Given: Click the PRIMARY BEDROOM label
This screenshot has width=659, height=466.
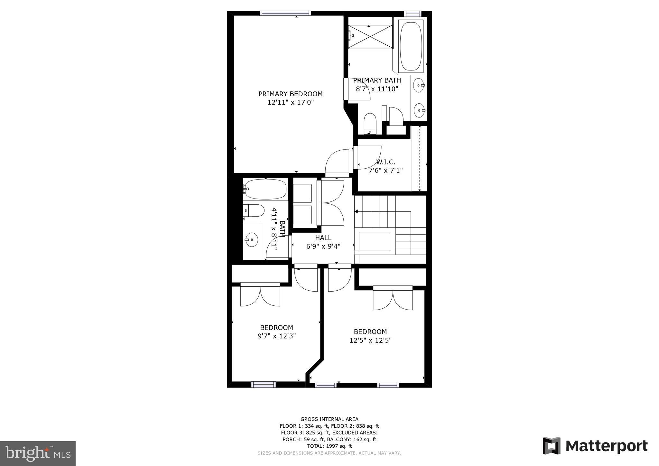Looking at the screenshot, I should point(290,94).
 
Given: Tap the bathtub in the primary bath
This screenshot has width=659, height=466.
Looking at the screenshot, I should point(411,46).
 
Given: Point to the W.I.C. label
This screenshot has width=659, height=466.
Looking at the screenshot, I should point(385,162).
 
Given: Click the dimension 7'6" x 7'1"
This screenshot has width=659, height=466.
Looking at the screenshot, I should point(385,170).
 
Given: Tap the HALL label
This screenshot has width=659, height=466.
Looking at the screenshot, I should point(323,238).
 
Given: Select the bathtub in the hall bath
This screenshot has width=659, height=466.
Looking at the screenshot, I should point(265,189).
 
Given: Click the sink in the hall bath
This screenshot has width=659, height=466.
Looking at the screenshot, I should point(251,239).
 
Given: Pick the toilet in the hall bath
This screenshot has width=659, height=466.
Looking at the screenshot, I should point(254,210).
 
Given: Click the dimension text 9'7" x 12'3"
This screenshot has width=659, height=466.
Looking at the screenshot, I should point(276,336).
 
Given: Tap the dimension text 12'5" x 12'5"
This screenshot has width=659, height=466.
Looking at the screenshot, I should point(370,340).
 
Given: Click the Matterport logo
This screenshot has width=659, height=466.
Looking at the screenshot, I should point(595,446).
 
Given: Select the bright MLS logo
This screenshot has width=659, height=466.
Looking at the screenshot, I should point(38,453).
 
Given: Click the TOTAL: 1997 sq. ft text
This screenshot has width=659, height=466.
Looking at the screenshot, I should point(329,446).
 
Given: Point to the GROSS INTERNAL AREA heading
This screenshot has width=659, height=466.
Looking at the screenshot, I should point(329,419).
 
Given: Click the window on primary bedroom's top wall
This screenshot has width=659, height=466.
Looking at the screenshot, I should point(285,13).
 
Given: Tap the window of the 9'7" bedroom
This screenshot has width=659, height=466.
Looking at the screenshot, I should point(263,384).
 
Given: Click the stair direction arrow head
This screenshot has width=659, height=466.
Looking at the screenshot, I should point(356,211).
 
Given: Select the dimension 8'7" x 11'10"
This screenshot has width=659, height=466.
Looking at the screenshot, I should point(377,89).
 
